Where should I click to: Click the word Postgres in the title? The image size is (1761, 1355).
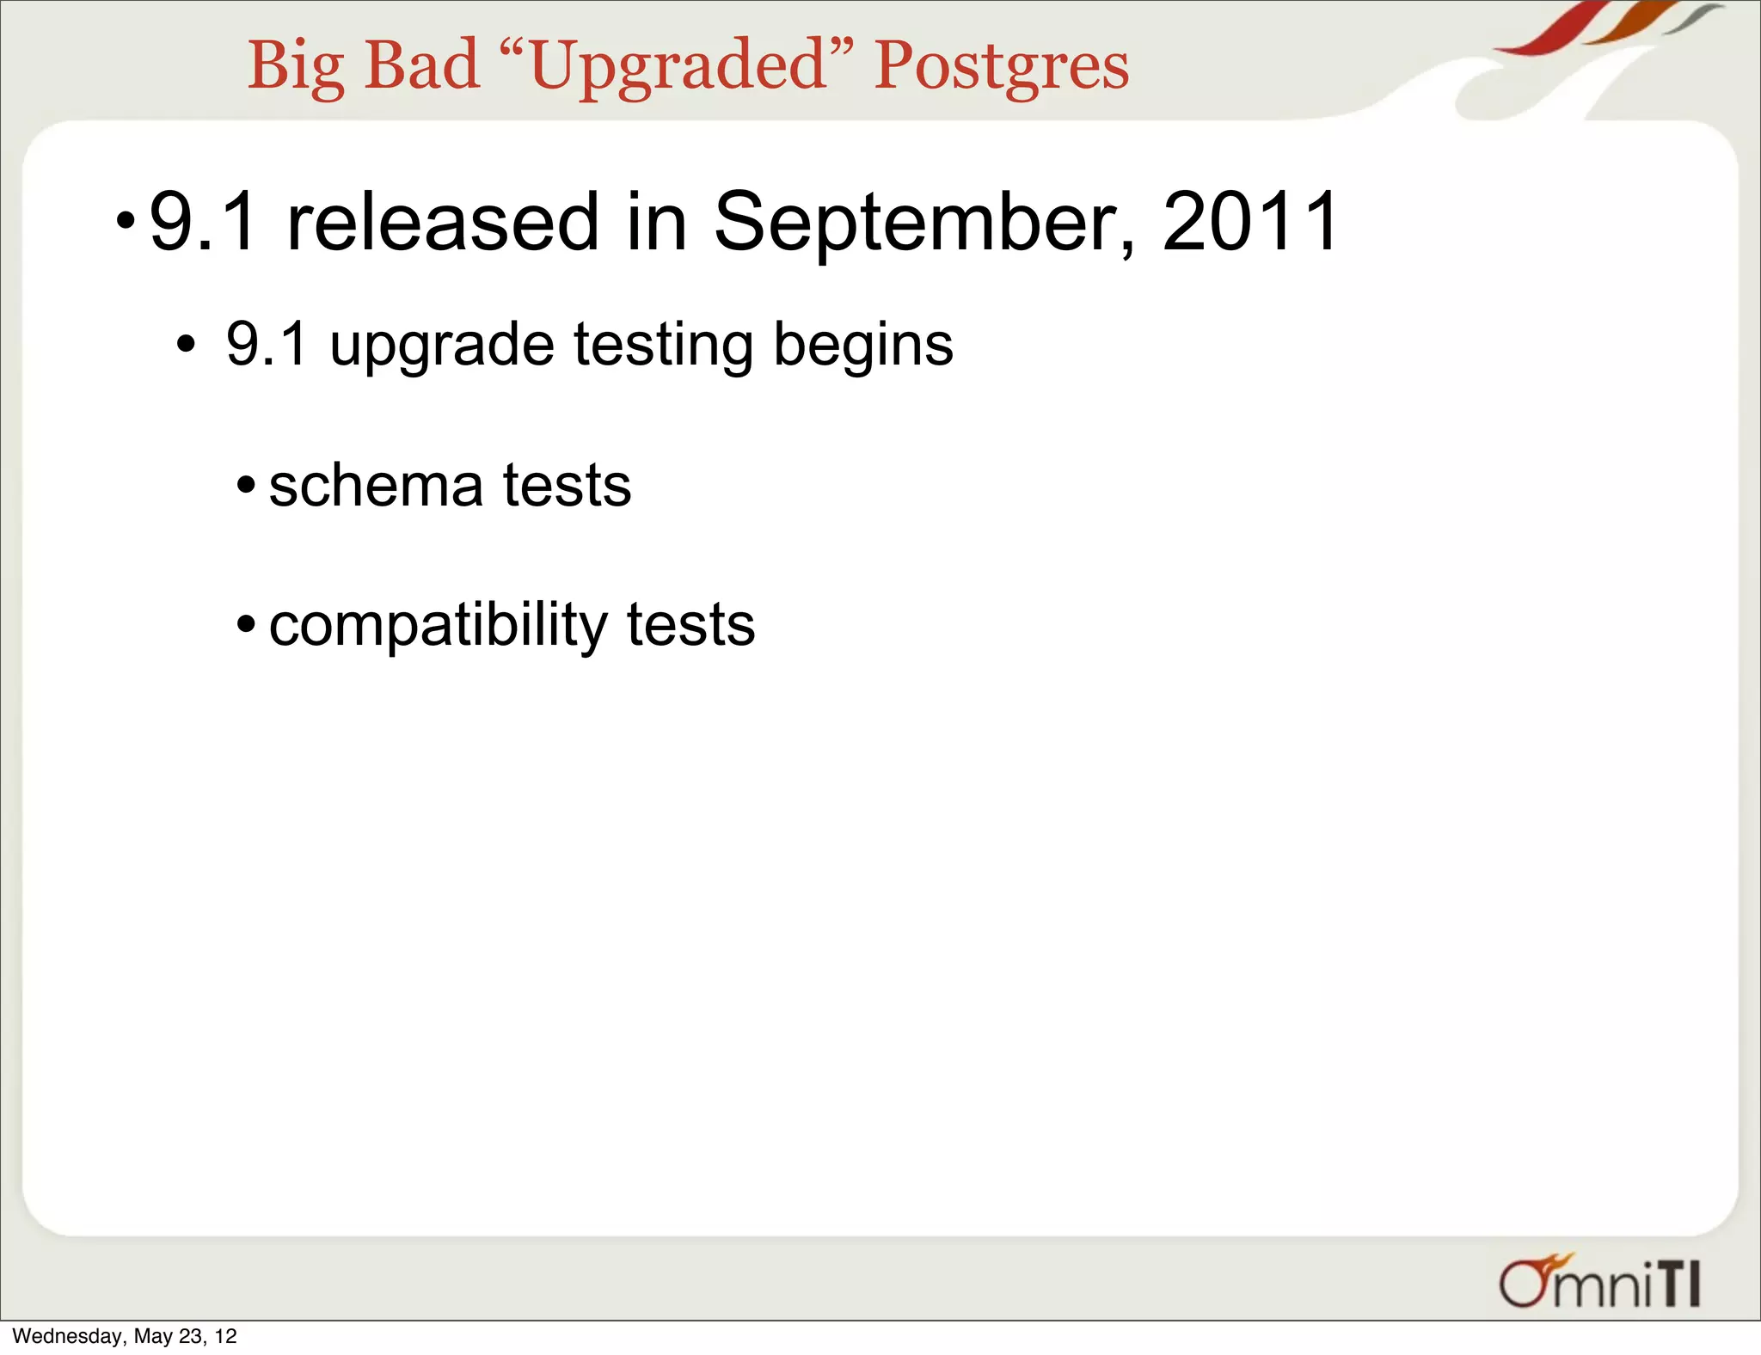tap(1001, 67)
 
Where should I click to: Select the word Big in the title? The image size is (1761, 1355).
tap(296, 67)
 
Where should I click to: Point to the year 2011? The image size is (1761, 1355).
tap(1251, 222)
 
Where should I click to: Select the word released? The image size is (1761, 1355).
tap(442, 222)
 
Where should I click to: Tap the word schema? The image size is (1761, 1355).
tap(376, 486)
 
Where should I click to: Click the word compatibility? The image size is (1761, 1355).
tap(438, 626)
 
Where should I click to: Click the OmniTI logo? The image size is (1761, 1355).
tap(1599, 1283)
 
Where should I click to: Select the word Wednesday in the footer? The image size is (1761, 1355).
tap(67, 1336)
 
